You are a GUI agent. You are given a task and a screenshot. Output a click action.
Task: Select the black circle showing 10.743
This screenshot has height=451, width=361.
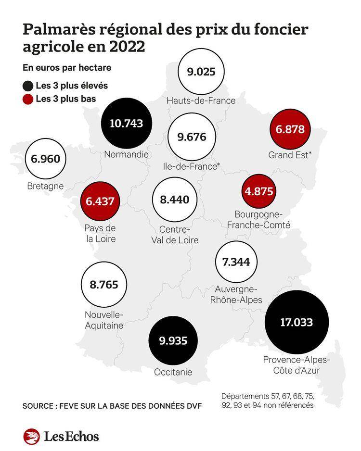tap(127, 123)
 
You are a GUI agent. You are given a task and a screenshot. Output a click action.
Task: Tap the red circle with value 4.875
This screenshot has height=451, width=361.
tap(259, 191)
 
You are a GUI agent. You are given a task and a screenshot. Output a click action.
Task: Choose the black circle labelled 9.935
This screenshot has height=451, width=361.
tap(173, 340)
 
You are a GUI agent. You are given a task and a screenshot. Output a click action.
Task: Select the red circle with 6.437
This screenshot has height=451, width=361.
tap(100, 201)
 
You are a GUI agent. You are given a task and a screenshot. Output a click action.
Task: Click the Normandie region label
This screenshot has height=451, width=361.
tap(126, 155)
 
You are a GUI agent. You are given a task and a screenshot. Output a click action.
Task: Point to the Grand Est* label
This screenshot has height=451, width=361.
tap(290, 155)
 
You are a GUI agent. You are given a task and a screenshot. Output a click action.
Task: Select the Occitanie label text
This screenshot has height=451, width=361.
tap(173, 372)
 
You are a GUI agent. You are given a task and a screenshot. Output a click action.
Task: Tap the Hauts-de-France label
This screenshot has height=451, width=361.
tap(201, 100)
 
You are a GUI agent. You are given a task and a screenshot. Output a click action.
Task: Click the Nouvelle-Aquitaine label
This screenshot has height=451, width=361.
tap(103, 320)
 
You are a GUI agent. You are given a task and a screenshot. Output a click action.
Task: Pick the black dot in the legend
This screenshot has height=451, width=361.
tap(28, 86)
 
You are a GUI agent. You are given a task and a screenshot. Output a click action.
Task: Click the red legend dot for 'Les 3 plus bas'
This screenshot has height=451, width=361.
tap(28, 100)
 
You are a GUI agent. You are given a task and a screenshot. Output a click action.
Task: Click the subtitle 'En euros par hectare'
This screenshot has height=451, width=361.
tap(66, 68)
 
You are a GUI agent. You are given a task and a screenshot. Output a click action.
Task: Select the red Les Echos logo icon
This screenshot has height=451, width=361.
tap(32, 436)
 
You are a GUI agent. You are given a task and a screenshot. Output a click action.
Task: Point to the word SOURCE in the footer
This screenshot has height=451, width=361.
tap(38, 406)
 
